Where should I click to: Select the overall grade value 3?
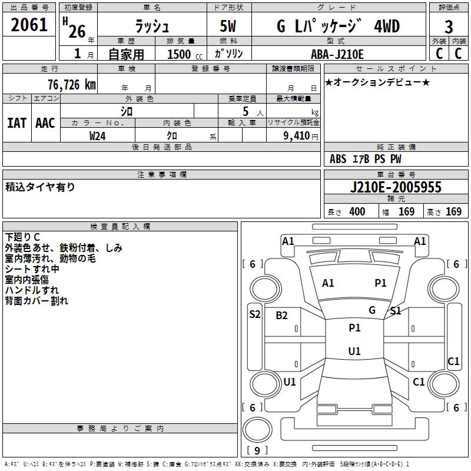click(449, 26)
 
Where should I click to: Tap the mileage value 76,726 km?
click(71, 84)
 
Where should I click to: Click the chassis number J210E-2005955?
click(395, 187)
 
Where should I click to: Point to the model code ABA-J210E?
click(337, 55)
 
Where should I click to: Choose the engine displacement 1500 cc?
click(180, 55)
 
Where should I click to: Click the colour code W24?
click(98, 135)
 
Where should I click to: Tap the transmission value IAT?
click(16, 123)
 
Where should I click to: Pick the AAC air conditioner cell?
click(45, 123)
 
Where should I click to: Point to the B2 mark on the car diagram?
click(282, 316)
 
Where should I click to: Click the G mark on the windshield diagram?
click(372, 310)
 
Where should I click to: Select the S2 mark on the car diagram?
click(254, 314)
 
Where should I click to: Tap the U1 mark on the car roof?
click(354, 351)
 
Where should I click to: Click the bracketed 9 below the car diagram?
click(257, 451)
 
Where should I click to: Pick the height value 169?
click(453, 212)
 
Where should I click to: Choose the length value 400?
click(357, 212)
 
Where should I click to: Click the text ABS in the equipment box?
click(338, 159)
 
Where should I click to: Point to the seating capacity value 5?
click(245, 111)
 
